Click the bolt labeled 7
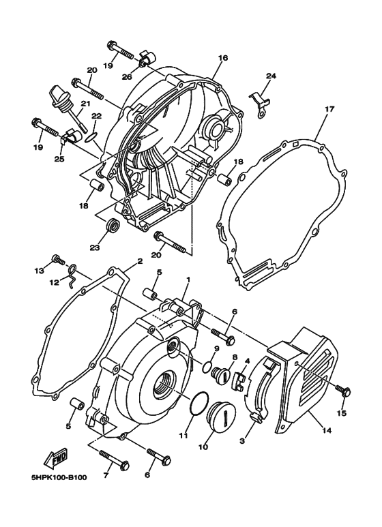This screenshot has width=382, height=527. pyautogui.click(x=113, y=455)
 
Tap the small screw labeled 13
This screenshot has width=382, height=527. pyautogui.click(x=59, y=260)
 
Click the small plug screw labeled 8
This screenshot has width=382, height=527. pyautogui.click(x=223, y=374)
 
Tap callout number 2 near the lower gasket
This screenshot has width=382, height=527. pyautogui.click(x=139, y=261)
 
